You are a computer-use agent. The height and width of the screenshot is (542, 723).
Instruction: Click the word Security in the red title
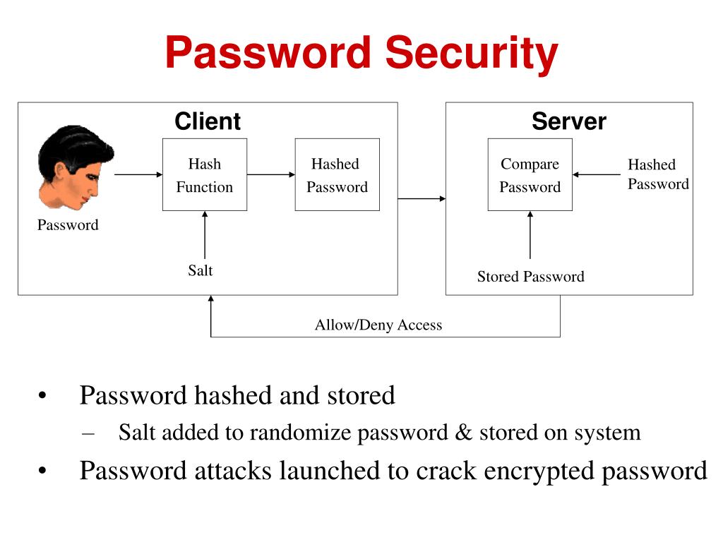coord(471,54)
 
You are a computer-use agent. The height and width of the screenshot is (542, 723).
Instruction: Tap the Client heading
coord(208,121)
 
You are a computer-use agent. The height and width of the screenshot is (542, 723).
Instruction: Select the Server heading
coord(569,121)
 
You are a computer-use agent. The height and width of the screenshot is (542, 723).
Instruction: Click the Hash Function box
coord(205,175)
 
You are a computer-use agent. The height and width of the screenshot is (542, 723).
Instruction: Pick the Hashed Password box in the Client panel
coord(337,175)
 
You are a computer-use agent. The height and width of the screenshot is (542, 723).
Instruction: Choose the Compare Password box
coord(530,175)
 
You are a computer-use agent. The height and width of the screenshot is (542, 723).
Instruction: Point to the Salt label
coord(200,270)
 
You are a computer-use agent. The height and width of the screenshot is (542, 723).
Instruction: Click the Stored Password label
coord(531,277)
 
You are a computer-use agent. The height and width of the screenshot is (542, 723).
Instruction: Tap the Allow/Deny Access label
coord(378,325)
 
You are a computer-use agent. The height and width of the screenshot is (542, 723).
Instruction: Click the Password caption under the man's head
coord(68,225)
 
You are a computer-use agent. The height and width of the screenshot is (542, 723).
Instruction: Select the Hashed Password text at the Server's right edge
coord(659,174)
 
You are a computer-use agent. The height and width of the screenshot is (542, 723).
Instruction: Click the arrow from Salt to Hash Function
coord(205,235)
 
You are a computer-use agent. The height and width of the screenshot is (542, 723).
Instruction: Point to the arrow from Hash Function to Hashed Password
coord(271,175)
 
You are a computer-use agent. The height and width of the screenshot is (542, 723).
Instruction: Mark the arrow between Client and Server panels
coord(422,198)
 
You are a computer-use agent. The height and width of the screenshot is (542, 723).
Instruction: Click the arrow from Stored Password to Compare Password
coord(530,235)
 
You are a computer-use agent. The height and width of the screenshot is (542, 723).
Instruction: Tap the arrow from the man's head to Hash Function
coord(138,175)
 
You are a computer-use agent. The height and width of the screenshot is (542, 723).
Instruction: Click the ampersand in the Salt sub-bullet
coord(463,433)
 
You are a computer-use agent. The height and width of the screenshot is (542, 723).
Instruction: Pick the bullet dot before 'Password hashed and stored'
coord(42,395)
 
